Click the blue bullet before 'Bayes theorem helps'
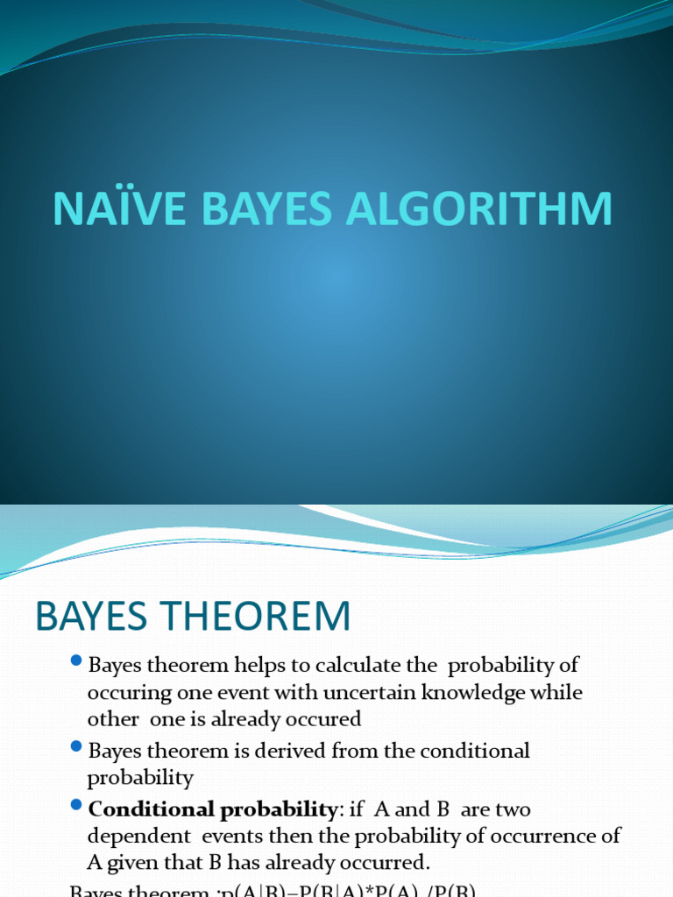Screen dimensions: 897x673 77,661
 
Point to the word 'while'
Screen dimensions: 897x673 557,693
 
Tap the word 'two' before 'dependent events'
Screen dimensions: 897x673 513,809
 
